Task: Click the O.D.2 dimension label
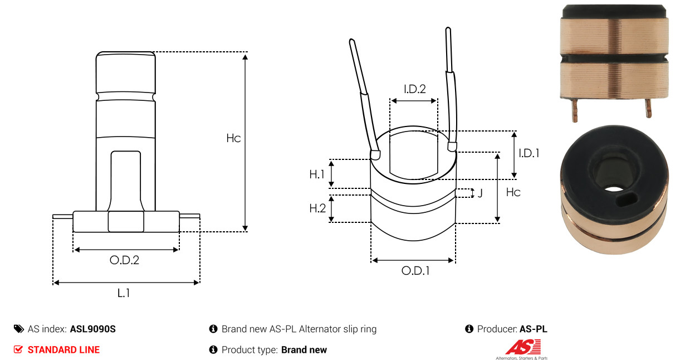124,260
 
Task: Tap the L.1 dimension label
124,293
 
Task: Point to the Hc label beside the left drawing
233,138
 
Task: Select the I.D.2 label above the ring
415,89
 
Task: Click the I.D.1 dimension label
529,153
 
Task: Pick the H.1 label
317,174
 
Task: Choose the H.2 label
317,208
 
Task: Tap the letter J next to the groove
480,193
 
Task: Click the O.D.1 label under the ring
415,271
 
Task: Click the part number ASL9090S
93,329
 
